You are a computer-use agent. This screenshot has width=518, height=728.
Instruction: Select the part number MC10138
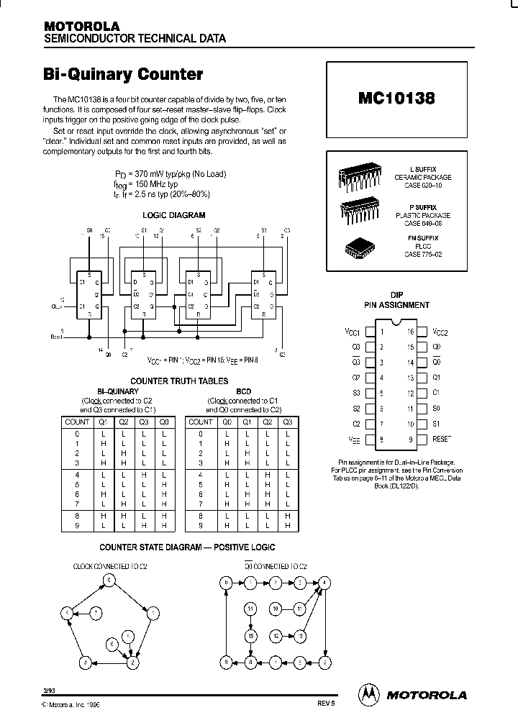coord(396,99)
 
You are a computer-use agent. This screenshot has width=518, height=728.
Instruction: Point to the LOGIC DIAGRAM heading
coord(174,215)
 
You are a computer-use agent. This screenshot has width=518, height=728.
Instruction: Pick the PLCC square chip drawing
coord(359,247)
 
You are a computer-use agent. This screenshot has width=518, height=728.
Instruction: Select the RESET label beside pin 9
coord(441,438)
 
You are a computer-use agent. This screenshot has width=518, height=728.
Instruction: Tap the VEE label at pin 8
coord(354,438)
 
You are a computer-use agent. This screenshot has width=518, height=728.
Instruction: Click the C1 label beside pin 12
coord(435,393)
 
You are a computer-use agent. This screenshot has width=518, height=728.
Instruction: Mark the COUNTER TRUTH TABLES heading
coord(179,381)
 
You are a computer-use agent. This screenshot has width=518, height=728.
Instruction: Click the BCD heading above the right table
coord(244,391)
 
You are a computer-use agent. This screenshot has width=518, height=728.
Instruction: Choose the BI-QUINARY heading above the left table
coord(117,391)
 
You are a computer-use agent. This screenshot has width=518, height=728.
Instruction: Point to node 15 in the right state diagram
coord(250,636)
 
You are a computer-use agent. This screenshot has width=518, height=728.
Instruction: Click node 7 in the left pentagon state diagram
coord(96,612)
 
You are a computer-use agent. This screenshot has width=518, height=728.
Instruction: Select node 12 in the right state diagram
coord(276,636)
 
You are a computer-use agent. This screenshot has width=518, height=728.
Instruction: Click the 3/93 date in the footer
coord(49,691)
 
